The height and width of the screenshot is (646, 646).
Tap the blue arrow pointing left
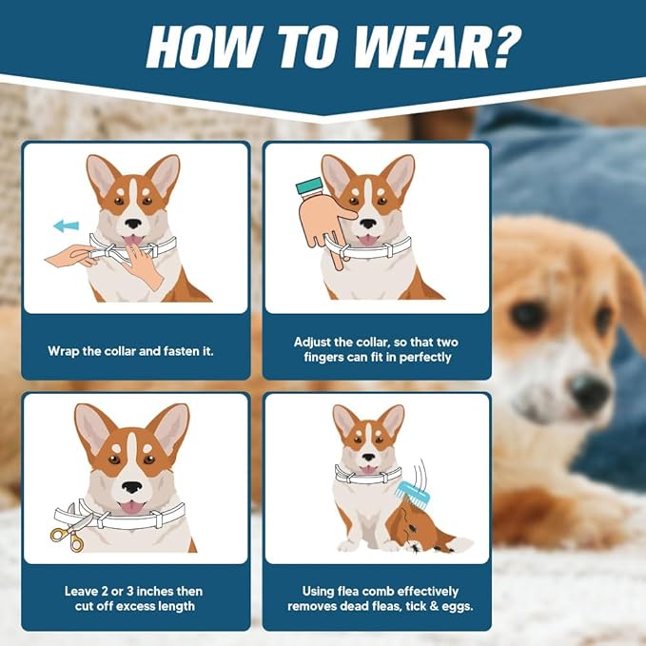coord(66,225)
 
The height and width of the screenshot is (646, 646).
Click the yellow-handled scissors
coord(69,536)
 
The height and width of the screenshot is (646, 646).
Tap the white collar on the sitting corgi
coord(368,474)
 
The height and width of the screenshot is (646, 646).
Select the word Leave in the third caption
coord(81,590)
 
